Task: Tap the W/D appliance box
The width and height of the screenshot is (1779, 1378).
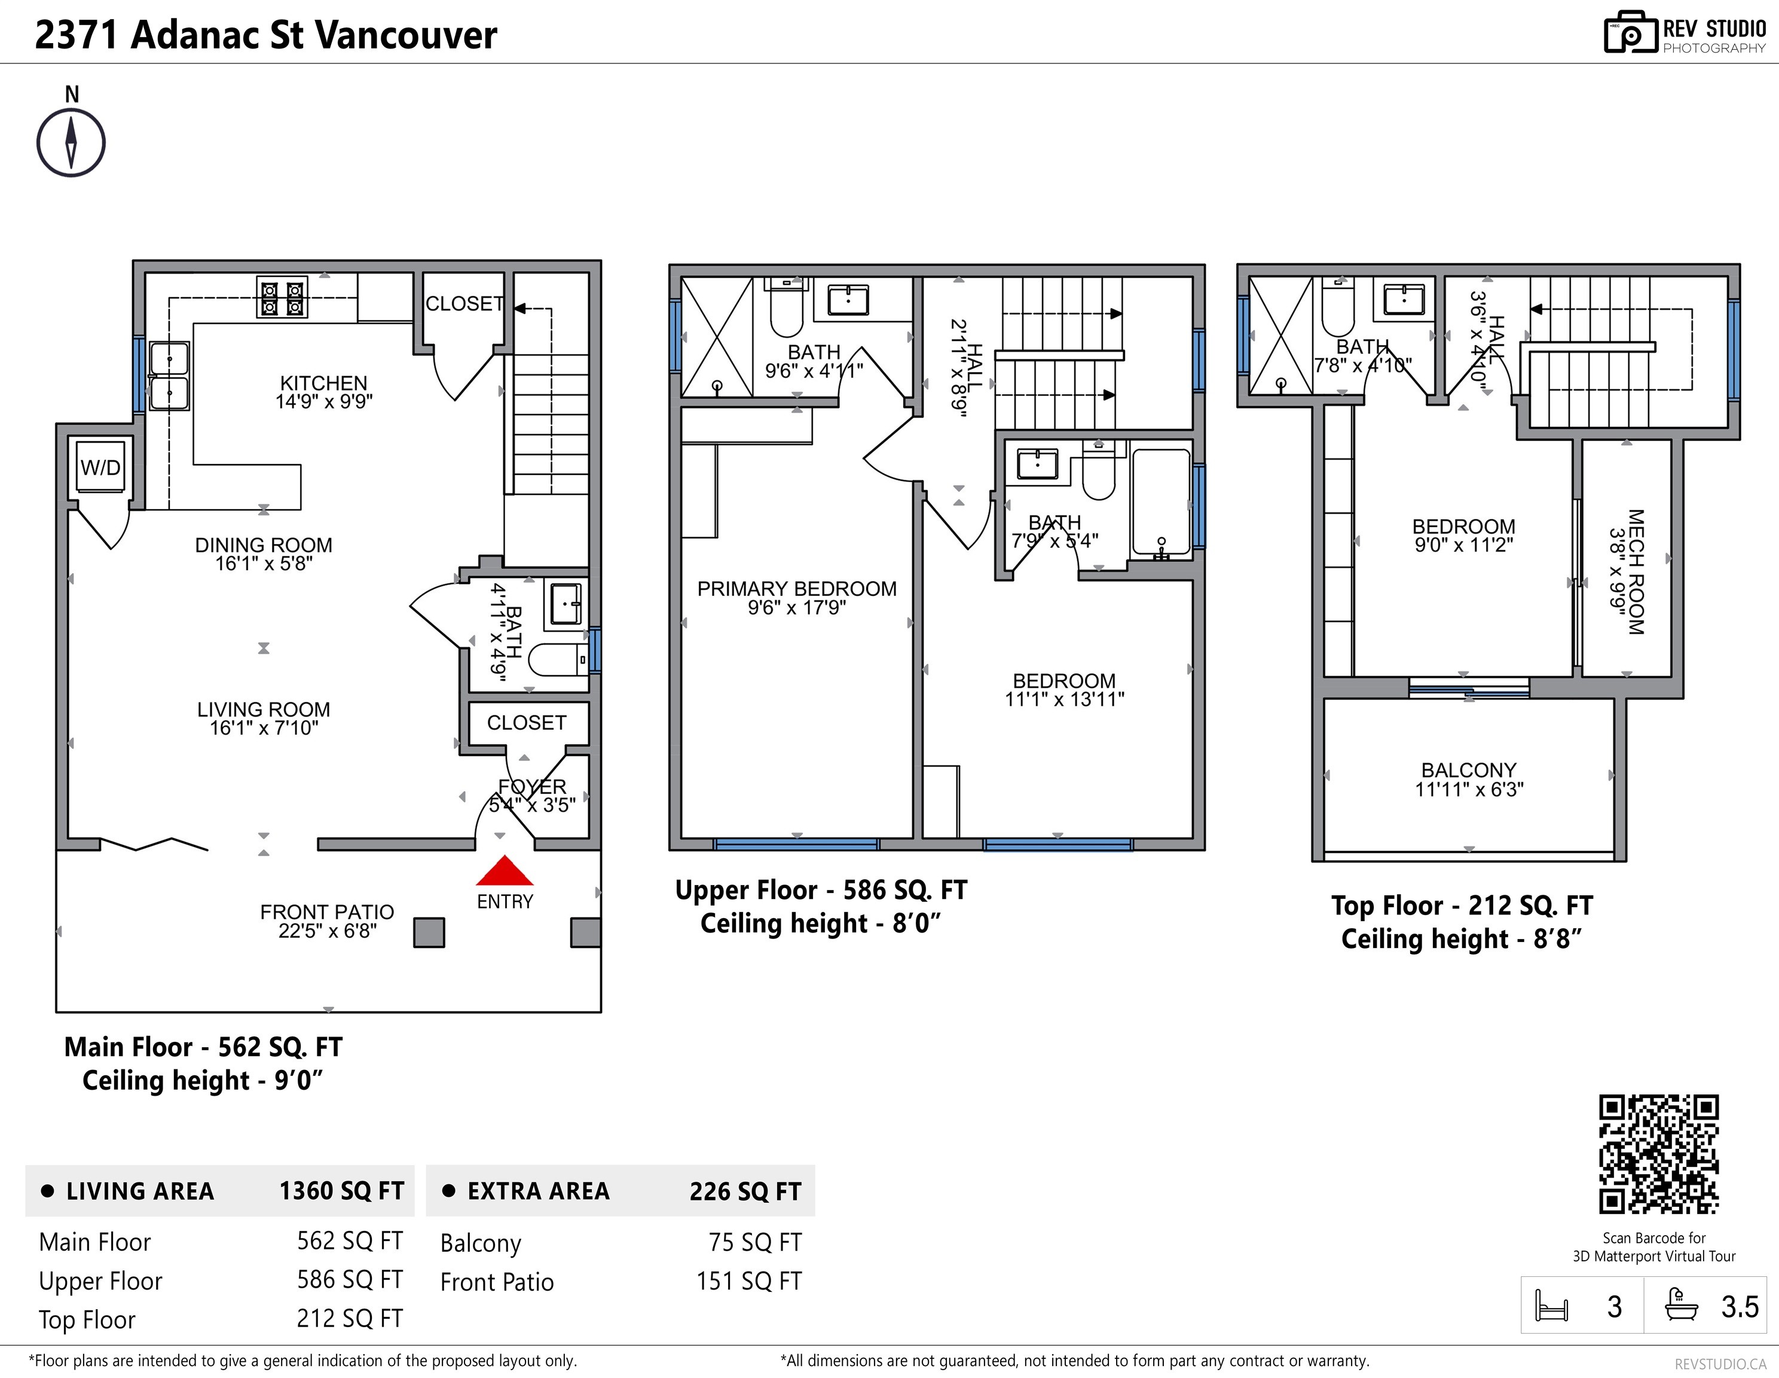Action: pyautogui.click(x=101, y=467)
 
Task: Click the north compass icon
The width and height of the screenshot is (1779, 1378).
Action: pyautogui.click(x=71, y=142)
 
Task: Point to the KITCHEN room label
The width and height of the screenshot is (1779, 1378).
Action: pyautogui.click(x=323, y=383)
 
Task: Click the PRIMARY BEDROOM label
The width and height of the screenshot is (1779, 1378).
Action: pyautogui.click(x=797, y=589)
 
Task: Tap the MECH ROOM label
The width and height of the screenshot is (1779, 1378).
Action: pyautogui.click(x=1635, y=571)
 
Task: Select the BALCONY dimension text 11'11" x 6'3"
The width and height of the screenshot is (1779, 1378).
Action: pyautogui.click(x=1469, y=789)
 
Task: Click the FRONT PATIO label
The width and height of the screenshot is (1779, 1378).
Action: pyautogui.click(x=326, y=912)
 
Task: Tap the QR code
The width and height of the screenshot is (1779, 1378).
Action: pyautogui.click(x=1658, y=1154)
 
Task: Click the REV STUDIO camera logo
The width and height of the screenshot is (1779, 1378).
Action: pyautogui.click(x=1630, y=33)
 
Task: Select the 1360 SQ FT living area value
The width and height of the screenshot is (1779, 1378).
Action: pyautogui.click(x=341, y=1191)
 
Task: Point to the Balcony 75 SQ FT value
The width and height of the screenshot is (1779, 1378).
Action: pyautogui.click(x=754, y=1242)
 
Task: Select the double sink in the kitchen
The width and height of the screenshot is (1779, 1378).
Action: pyautogui.click(x=169, y=376)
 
